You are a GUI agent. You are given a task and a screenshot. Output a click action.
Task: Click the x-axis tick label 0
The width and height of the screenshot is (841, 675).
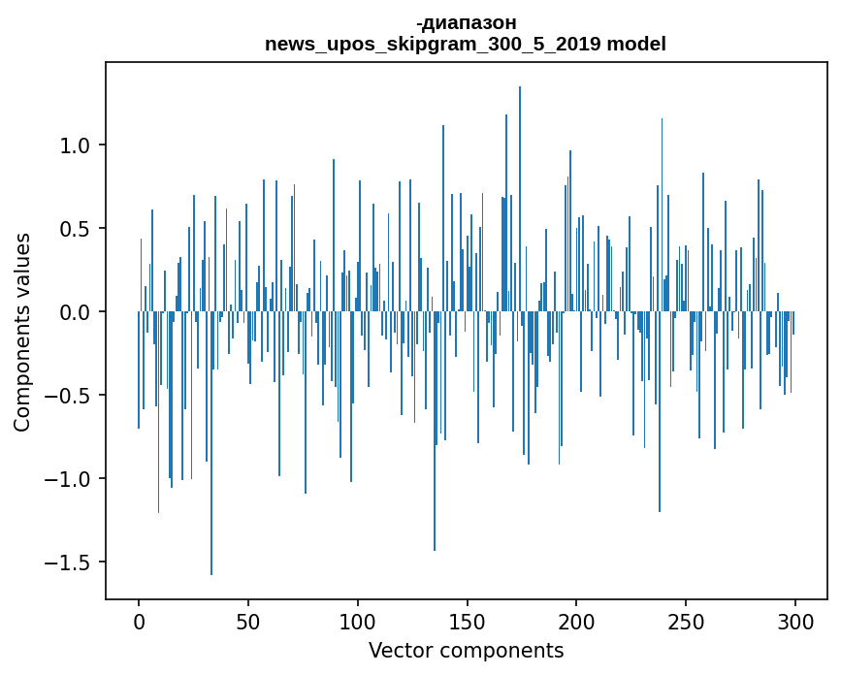point(139,622)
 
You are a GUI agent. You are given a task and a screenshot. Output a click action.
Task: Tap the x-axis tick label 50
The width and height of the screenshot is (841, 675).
point(248,622)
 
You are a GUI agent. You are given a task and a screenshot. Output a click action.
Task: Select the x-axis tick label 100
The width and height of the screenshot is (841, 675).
point(358,622)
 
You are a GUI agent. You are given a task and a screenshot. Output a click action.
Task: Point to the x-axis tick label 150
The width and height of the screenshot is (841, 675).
point(468,622)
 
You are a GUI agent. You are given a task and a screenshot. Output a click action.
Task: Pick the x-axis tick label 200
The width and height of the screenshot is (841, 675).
point(577,622)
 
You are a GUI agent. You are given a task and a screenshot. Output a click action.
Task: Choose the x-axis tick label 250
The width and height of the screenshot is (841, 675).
point(687,622)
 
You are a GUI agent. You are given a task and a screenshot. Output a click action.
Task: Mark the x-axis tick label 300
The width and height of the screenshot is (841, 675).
point(796,622)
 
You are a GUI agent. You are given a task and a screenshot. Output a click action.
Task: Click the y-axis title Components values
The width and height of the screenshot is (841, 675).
point(21,332)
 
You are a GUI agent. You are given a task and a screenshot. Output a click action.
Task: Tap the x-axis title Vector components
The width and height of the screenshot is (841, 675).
point(466,651)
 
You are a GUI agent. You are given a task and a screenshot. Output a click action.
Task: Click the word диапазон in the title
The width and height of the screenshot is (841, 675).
point(469,22)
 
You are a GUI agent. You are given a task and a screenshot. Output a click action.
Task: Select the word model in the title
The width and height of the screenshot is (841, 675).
point(636,45)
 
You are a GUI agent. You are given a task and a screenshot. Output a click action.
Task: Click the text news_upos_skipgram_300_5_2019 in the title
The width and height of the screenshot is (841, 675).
point(434,45)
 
